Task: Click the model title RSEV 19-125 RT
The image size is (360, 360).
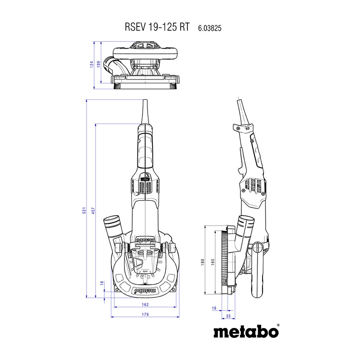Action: [x=157, y=27]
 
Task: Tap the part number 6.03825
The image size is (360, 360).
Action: [x=210, y=28]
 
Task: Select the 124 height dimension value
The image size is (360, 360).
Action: [x=92, y=64]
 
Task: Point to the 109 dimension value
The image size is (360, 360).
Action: [x=98, y=64]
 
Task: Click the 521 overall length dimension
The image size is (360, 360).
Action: [x=84, y=211]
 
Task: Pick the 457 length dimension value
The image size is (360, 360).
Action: [x=93, y=211]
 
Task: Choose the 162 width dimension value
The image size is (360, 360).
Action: [x=145, y=304]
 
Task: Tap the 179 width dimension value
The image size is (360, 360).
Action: [x=145, y=314]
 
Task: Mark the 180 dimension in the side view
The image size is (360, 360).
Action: [x=202, y=262]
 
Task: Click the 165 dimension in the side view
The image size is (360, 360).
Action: [x=213, y=262]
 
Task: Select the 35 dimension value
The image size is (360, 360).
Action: [x=228, y=316]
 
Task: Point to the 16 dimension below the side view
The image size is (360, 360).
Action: [x=214, y=308]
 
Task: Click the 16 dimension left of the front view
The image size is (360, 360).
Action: [x=102, y=283]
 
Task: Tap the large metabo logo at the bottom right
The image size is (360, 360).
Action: [x=246, y=332]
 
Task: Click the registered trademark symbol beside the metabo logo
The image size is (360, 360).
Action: [x=278, y=325]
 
